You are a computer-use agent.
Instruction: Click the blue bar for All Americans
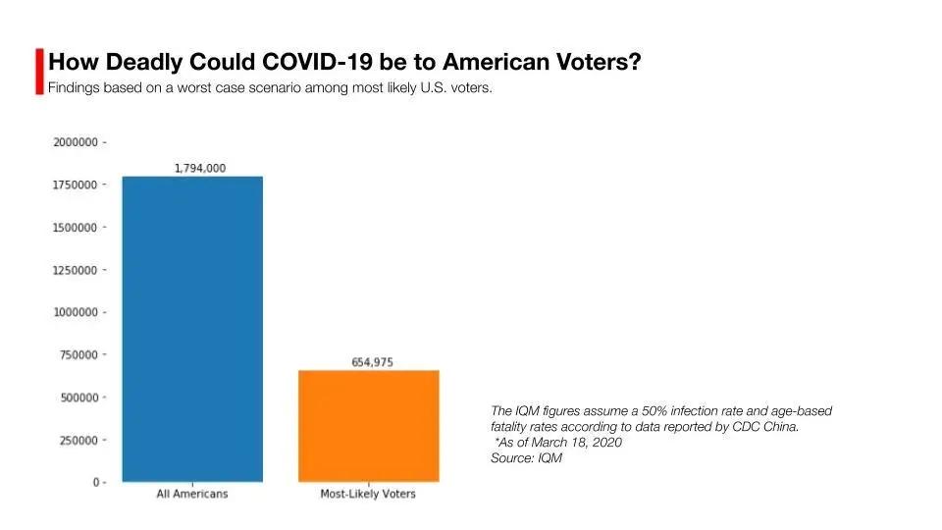[x=192, y=329]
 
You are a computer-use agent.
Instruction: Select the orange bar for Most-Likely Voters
[x=368, y=425]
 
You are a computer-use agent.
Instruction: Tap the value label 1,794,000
[x=199, y=168]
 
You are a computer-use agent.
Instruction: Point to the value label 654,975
[x=372, y=362]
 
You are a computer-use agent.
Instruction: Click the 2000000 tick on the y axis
[x=75, y=142]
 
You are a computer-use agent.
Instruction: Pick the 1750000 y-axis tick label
[x=75, y=185]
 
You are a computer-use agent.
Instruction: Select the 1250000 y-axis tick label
[x=75, y=270]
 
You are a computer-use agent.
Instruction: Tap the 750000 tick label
[x=78, y=354]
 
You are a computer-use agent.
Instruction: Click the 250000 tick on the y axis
[x=78, y=440]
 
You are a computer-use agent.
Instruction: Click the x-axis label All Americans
[x=192, y=494]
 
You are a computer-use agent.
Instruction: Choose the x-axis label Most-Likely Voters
[x=368, y=494]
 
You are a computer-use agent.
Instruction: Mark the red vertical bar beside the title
[x=39, y=71]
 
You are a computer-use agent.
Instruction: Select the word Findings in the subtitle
[x=74, y=88]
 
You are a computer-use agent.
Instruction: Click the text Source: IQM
[x=526, y=458]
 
